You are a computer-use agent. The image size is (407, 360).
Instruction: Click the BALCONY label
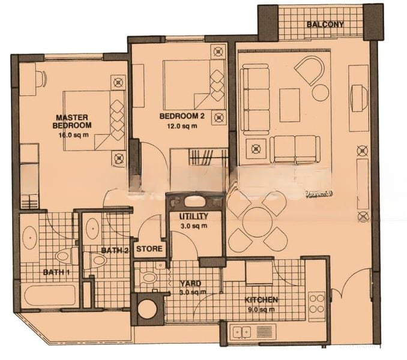click(x=325, y=25)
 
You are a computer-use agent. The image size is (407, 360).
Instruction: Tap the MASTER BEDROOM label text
click(x=72, y=121)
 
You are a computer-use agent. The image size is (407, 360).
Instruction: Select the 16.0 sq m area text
click(x=74, y=136)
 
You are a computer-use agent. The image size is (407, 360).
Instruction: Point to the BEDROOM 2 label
click(x=182, y=116)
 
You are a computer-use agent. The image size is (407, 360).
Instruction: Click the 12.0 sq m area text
click(x=182, y=127)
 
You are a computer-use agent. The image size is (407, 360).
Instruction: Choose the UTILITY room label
click(x=194, y=216)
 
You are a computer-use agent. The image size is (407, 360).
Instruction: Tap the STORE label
click(x=149, y=249)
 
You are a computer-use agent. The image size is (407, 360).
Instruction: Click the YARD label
click(x=191, y=283)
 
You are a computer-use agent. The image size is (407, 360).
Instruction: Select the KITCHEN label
click(x=261, y=300)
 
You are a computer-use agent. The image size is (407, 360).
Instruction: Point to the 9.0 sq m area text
click(x=261, y=310)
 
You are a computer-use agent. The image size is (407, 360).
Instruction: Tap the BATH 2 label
click(x=115, y=251)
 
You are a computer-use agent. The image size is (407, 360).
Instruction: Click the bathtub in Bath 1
click(x=50, y=296)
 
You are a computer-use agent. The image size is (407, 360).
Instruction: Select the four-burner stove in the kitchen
click(x=317, y=302)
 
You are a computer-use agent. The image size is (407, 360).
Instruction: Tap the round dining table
click(x=258, y=222)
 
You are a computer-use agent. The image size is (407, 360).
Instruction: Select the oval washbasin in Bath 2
click(x=92, y=229)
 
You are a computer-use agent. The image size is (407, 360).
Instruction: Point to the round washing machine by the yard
click(x=148, y=309)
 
